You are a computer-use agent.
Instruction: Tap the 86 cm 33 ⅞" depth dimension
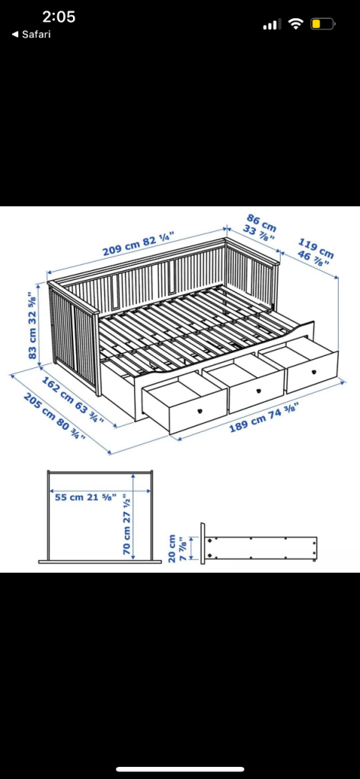tap(260, 227)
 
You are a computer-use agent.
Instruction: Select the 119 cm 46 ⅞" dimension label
tap(315, 252)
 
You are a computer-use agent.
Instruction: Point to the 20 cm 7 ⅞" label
tap(177, 548)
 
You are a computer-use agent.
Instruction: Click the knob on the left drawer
tap(200, 410)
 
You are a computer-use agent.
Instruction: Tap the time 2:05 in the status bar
tap(59, 17)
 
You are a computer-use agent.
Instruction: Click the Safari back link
tap(31, 34)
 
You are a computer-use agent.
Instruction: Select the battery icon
tap(323, 24)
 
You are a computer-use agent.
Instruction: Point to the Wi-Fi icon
tap(296, 24)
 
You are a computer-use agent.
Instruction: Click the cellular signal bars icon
tap(272, 24)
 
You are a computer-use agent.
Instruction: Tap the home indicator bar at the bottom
tap(180, 770)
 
